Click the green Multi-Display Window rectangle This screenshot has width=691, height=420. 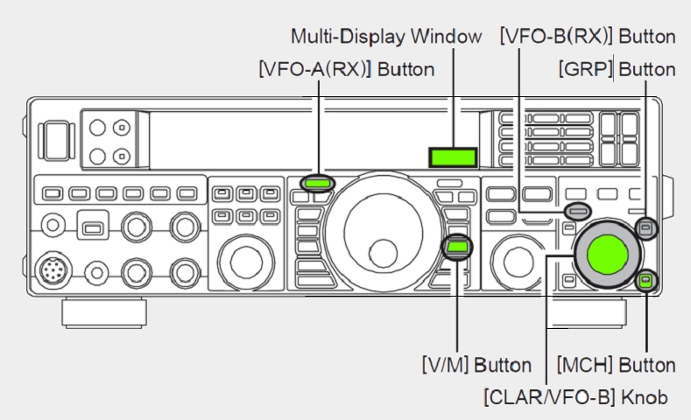point(453,157)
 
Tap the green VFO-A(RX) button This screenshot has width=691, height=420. point(317,183)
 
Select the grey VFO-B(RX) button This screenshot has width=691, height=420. point(578,212)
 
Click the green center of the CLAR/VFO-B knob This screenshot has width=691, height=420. point(608,255)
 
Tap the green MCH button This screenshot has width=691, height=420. point(645,280)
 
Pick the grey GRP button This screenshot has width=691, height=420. point(646,228)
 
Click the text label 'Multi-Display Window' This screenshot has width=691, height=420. point(386,36)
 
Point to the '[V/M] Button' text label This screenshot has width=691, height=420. point(476,365)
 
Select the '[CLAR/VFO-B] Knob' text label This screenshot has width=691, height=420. point(575,397)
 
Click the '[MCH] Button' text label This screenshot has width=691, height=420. point(616,365)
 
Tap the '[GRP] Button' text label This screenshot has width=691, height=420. point(617,69)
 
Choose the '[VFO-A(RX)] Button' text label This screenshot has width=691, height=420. point(347,69)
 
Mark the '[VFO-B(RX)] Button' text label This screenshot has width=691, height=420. point(588,36)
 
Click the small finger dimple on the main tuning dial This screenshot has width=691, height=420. point(383,254)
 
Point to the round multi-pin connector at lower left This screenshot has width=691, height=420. point(53,269)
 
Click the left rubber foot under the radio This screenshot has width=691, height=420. point(104,312)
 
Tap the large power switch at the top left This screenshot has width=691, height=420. point(54,141)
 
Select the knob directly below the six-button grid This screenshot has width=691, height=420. point(245,262)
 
